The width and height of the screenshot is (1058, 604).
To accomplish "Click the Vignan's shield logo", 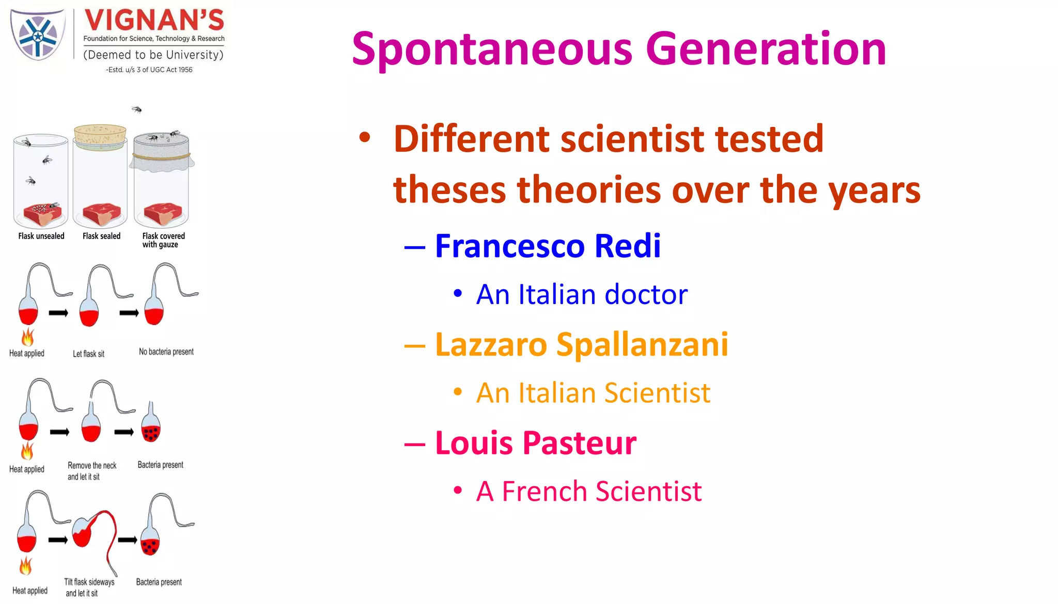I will tap(38, 35).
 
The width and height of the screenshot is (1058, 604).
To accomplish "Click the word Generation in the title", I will tap(766, 49).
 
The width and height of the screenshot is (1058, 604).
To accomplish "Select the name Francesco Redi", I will tap(548, 246).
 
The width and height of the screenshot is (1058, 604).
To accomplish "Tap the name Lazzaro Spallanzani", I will tap(581, 344).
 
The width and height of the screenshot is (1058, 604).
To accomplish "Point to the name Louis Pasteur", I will tap(536, 443).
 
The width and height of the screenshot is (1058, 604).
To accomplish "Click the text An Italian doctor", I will tap(582, 295).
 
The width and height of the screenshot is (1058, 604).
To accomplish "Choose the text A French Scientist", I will tap(589, 491).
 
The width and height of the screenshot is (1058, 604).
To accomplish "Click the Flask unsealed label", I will tap(41, 236).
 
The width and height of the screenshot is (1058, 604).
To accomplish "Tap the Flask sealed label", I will tap(101, 236).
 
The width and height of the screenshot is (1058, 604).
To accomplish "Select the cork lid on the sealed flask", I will tap(100, 135).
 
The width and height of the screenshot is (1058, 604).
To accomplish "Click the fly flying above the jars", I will tap(137, 109).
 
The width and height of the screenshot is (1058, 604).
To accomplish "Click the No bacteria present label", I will tap(166, 352).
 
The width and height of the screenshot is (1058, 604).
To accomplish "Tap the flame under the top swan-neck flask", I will tap(27, 338).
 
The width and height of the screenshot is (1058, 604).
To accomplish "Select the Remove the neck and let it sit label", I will tap(92, 471).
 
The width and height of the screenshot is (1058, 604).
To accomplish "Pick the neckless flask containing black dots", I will tap(150, 428).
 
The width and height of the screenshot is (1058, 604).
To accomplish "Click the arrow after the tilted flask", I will tap(127, 540).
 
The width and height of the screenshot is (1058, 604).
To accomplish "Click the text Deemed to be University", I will tap(153, 55).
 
